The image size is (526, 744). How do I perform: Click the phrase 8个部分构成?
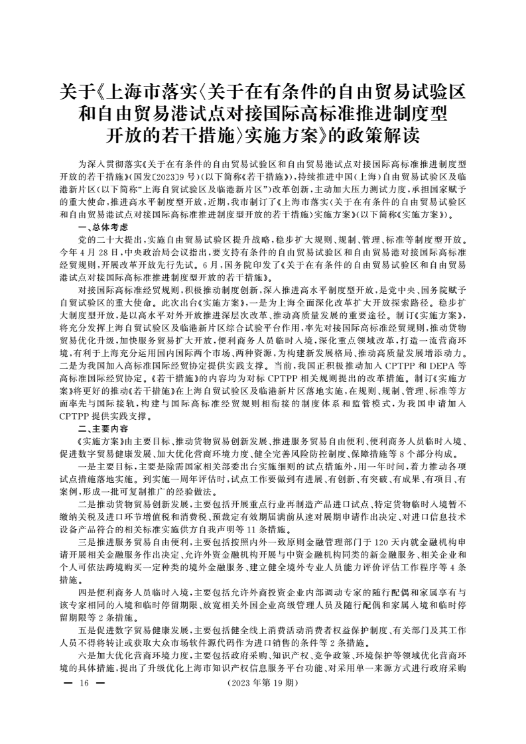coord(414,454)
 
